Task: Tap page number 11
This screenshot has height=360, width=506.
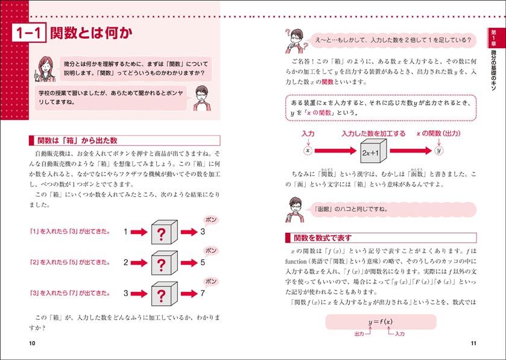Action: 473,343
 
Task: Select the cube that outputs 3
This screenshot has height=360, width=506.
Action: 161,231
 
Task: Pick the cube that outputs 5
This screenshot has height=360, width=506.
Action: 161,263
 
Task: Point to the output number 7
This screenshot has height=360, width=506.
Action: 203,294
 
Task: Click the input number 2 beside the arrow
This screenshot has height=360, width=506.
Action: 125,262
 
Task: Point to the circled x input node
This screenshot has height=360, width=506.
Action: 308,150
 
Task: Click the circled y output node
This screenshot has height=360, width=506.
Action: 438,150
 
